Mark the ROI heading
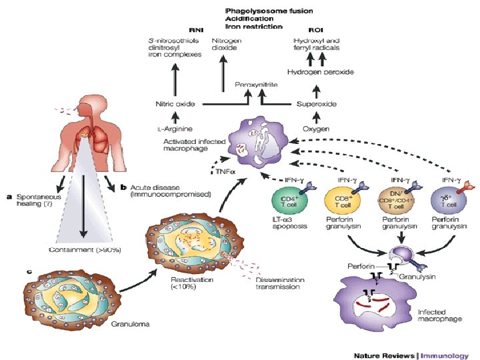click(315, 30)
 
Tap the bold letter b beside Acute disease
click(123, 188)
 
